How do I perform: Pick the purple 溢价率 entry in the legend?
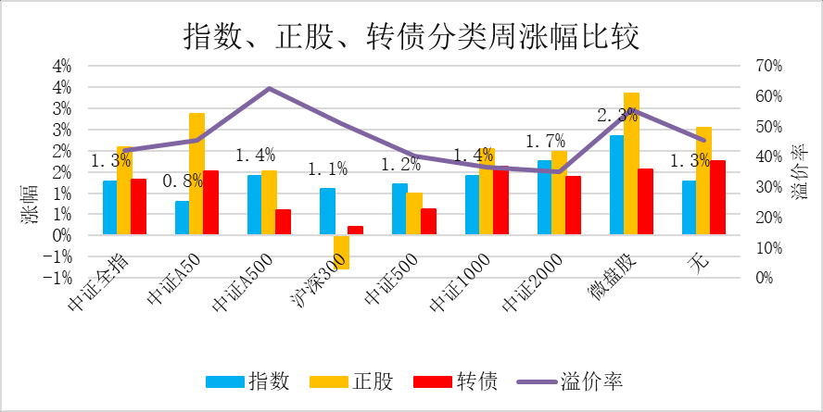(x=575, y=381)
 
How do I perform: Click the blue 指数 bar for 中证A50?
(x=182, y=218)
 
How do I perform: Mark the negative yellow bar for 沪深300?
(x=341, y=252)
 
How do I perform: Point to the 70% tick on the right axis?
(x=769, y=67)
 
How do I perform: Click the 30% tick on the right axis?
(x=769, y=187)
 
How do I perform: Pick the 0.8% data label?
(x=183, y=181)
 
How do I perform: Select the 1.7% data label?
(x=545, y=142)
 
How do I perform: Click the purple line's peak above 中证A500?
(x=269, y=89)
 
